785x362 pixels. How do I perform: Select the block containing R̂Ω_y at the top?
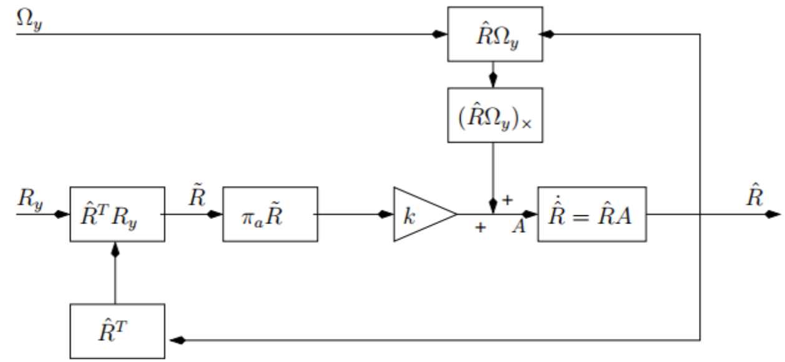(x=494, y=34)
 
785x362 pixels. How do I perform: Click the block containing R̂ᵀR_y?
(x=117, y=213)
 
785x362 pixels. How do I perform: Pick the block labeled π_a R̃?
(x=270, y=213)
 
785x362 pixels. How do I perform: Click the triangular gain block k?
(x=418, y=213)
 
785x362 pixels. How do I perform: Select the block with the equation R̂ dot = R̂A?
(x=591, y=213)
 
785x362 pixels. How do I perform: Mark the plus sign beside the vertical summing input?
(x=507, y=201)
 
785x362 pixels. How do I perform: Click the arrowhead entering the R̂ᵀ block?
(x=176, y=340)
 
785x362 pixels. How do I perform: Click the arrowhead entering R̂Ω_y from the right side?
(x=549, y=34)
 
